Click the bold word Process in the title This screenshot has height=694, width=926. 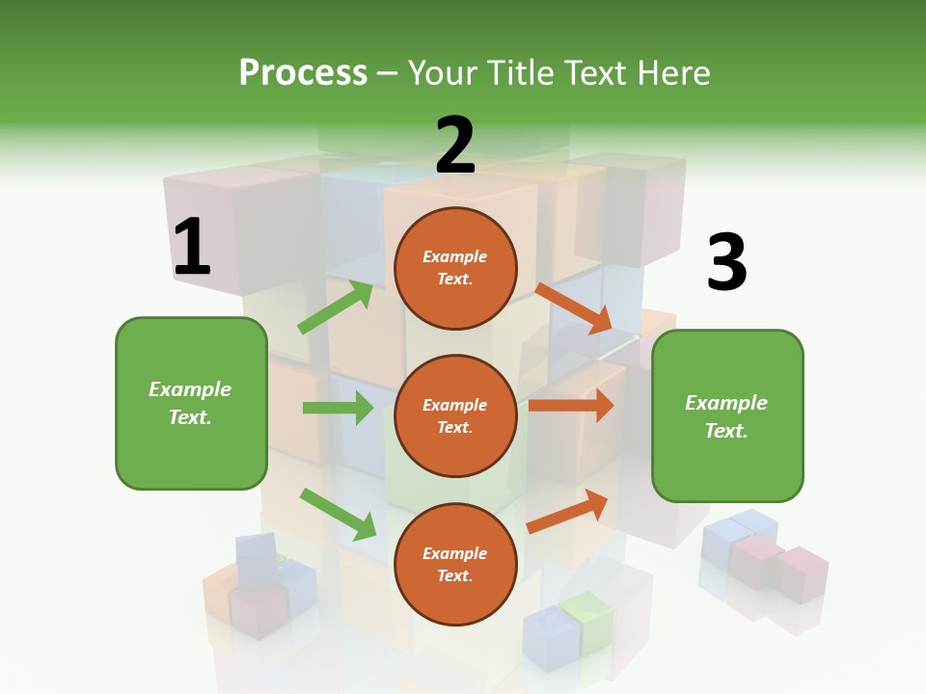(x=303, y=72)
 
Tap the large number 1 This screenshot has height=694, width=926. (x=191, y=247)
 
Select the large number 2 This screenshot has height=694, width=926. (x=455, y=145)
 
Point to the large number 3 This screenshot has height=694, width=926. (x=726, y=262)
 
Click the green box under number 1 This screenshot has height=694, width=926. (x=191, y=403)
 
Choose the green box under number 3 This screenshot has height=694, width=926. (x=727, y=416)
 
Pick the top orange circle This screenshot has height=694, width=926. (x=455, y=268)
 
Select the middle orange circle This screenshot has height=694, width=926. (x=455, y=415)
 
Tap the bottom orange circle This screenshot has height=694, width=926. (x=455, y=564)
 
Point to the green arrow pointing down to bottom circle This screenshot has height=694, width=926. (x=338, y=514)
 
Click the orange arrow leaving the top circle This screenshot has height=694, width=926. (x=574, y=308)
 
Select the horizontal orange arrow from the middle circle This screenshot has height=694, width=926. (x=571, y=406)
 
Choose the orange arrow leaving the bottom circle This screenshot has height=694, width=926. (x=567, y=511)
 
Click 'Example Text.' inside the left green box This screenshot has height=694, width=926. (x=190, y=403)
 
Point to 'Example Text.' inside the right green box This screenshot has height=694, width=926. (x=726, y=416)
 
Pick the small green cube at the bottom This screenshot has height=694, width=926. (x=586, y=617)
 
